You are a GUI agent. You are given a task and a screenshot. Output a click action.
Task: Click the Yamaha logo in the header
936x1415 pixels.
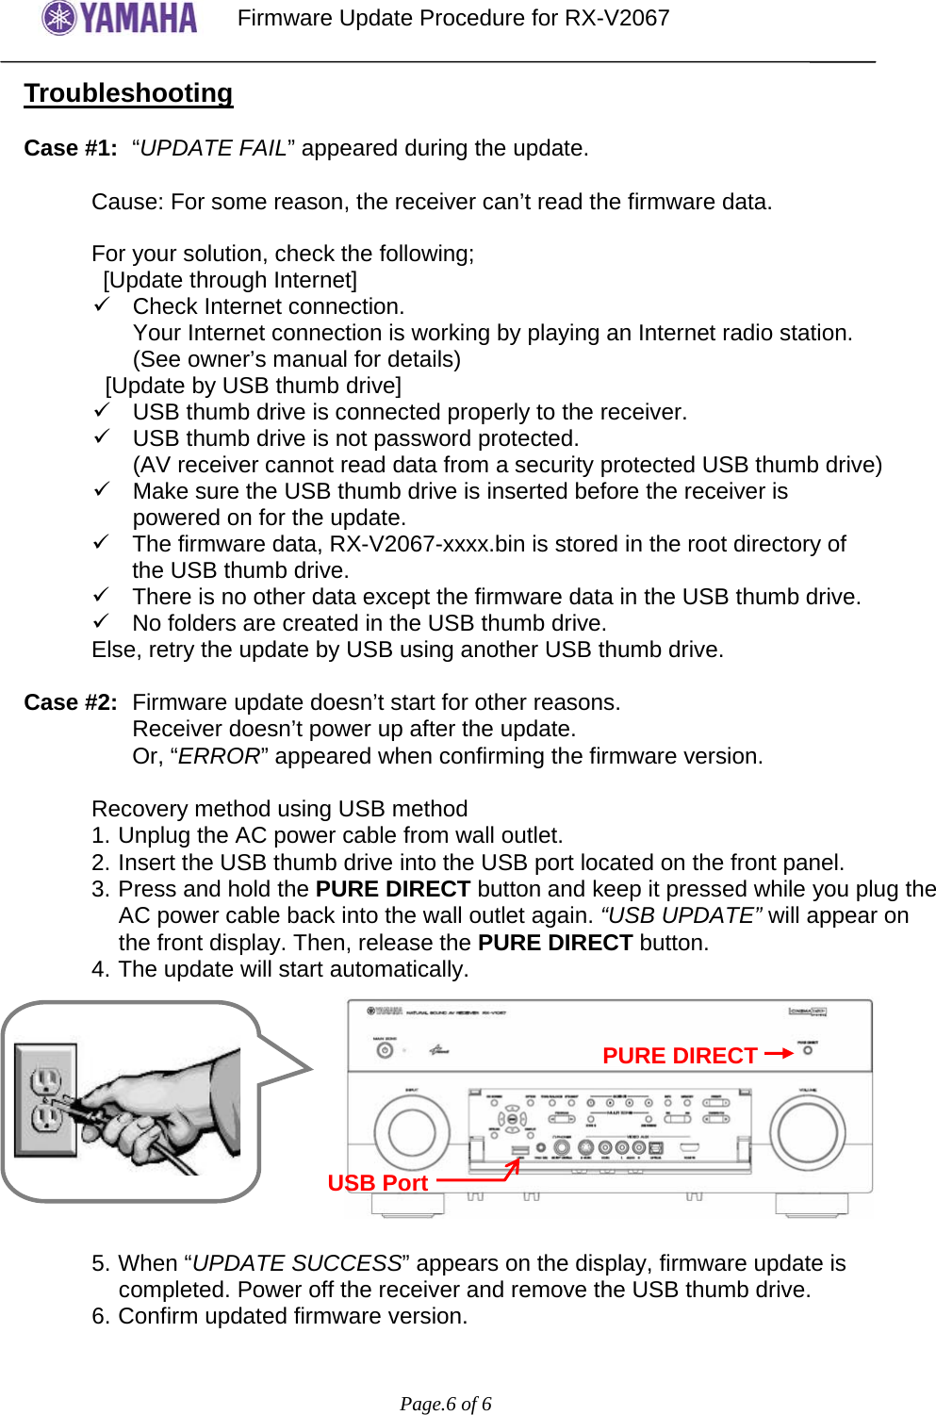tap(120, 18)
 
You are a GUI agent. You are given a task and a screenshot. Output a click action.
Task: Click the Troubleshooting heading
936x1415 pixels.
tap(128, 93)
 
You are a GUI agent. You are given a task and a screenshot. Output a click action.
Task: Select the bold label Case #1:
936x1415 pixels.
tap(71, 148)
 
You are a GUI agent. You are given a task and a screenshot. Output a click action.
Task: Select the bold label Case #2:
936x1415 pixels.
tap(71, 702)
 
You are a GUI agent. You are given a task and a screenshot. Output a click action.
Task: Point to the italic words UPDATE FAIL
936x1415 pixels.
tap(213, 148)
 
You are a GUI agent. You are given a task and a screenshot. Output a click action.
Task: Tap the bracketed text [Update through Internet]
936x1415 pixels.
tap(230, 280)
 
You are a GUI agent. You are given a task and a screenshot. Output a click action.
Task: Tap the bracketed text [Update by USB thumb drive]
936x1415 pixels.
tap(253, 386)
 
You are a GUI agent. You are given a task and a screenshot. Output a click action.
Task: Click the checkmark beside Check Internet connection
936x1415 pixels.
tap(102, 304)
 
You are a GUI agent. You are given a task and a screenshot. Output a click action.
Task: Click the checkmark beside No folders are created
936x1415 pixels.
tap(102, 621)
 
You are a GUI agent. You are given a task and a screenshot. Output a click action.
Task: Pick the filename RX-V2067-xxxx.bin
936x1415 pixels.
tap(425, 544)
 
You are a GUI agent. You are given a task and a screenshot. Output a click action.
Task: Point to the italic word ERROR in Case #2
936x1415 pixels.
tap(219, 756)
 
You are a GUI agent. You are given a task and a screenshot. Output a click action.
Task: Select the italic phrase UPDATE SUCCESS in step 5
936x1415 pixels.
tap(297, 1263)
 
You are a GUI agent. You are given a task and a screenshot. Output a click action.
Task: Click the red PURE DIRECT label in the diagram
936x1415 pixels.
tap(680, 1056)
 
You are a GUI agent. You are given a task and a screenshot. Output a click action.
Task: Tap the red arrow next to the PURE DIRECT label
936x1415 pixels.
tap(779, 1054)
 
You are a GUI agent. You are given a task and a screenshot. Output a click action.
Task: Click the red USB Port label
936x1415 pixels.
tap(377, 1183)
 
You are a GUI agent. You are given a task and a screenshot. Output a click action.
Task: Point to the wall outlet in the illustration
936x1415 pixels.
tap(45, 1099)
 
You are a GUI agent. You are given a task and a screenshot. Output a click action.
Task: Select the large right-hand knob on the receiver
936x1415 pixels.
tap(807, 1131)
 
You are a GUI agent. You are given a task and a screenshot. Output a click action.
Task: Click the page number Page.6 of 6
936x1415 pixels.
tap(446, 1404)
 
